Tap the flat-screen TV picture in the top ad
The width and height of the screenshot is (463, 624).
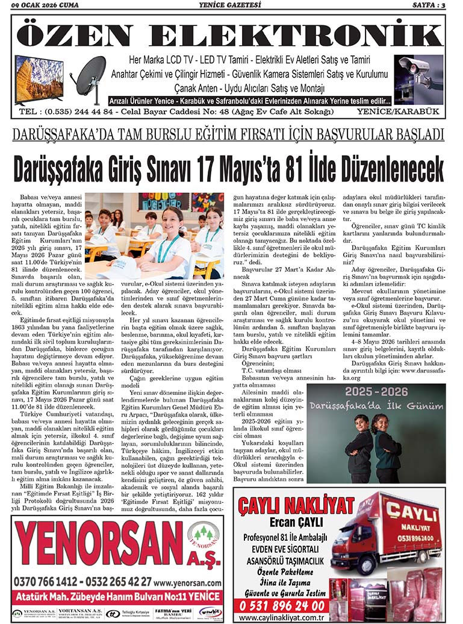[x=39, y=79]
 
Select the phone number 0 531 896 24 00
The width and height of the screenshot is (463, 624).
[x=282, y=605]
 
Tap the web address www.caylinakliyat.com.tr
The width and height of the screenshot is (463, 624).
[x=282, y=618]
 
